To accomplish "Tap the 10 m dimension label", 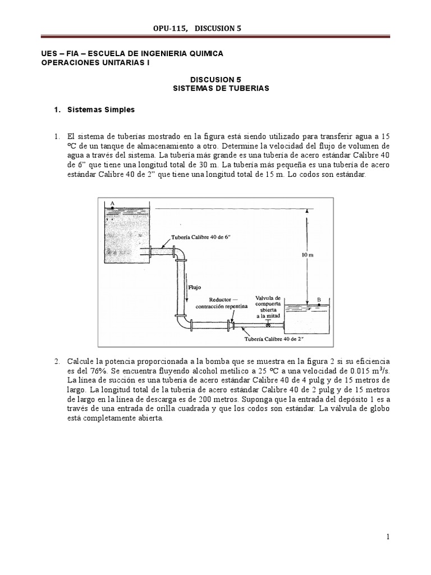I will pyautogui.click(x=307, y=254).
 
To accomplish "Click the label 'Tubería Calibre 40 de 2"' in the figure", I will pyautogui.click(x=274, y=339).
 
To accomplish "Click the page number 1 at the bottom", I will pyautogui.click(x=388, y=537).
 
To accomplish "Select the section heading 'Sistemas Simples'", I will pyautogui.click(x=100, y=109).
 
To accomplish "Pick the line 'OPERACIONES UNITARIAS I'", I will pyautogui.click(x=96, y=63).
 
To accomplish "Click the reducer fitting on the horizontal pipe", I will pyautogui.click(x=231, y=325).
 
